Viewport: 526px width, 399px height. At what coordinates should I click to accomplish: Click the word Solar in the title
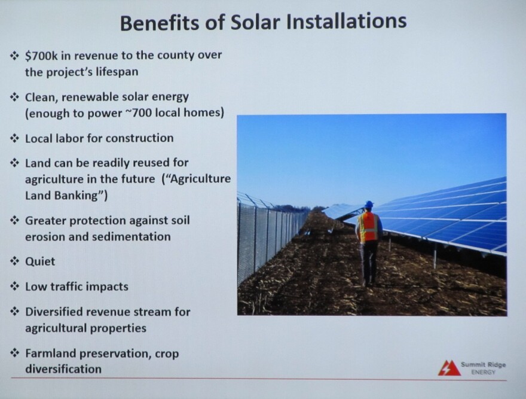point(255,22)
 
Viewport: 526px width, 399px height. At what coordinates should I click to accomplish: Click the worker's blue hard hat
point(369,205)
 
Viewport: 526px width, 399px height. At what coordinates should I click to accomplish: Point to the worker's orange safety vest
point(368,227)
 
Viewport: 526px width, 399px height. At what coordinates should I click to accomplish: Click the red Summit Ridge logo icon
point(449,368)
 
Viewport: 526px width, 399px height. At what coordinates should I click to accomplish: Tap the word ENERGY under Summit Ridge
point(483,372)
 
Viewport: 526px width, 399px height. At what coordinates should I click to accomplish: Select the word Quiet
point(40,261)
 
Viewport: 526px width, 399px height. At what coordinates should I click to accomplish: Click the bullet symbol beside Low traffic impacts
point(15,287)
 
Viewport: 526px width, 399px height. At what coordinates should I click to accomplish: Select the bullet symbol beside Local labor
point(15,138)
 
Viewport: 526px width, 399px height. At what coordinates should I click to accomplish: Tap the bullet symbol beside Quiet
point(15,261)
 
